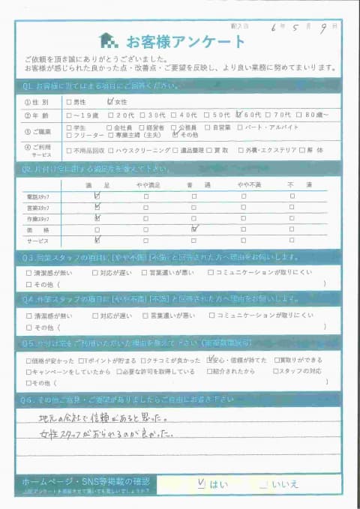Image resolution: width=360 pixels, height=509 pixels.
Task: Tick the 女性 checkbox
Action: pyautogui.click(x=111, y=101)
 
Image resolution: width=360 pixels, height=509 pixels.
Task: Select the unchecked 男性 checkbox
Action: pyautogui.click(x=70, y=102)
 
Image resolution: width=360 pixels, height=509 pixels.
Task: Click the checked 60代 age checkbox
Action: pyautogui.click(x=238, y=115)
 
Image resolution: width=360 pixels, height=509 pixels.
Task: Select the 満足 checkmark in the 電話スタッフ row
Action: pyautogui.click(x=97, y=196)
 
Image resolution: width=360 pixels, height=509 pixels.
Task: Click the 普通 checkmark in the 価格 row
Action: pyautogui.click(x=193, y=229)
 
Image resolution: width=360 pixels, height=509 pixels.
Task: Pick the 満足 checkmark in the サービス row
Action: pyautogui.click(x=97, y=240)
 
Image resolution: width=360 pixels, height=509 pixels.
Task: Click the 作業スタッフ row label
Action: pyautogui.click(x=37, y=219)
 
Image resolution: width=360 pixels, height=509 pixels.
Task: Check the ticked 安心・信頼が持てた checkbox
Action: pyautogui.click(x=211, y=360)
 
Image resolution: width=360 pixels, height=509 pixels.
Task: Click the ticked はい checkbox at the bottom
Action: pyautogui.click(x=200, y=484)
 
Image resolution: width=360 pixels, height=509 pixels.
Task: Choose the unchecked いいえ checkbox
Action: pyautogui.click(x=262, y=484)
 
